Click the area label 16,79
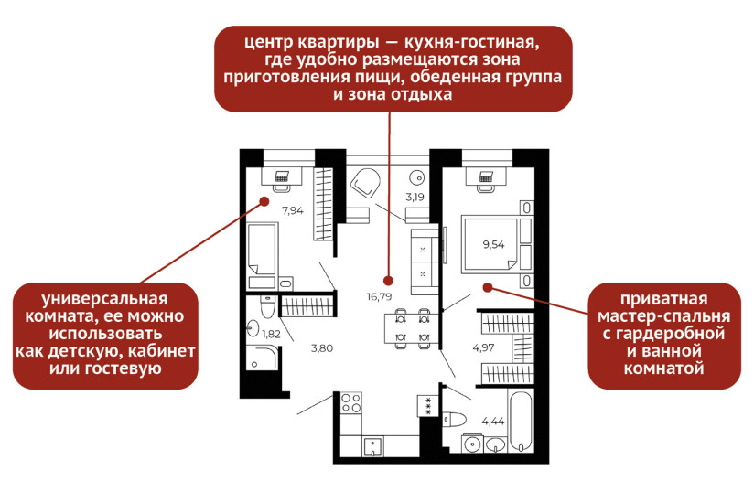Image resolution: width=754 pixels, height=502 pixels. click(x=379, y=296)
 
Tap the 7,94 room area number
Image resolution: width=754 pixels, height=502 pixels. click(x=292, y=210)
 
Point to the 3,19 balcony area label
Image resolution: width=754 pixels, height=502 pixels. click(x=415, y=196)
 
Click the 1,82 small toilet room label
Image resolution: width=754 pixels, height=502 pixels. click(x=271, y=334)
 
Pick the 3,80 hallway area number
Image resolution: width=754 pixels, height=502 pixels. click(x=321, y=347)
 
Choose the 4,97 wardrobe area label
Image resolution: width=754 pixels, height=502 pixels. click(x=483, y=347)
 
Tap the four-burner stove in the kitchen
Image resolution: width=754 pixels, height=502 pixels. click(x=351, y=403)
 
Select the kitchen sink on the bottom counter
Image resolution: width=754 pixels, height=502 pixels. click(x=372, y=446)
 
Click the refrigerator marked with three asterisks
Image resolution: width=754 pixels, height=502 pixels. click(x=427, y=405)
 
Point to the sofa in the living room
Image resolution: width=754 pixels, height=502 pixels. click(x=425, y=261)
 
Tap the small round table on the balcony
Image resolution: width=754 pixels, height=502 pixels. click(x=418, y=177)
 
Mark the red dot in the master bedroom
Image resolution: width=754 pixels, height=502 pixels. click(x=488, y=286)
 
